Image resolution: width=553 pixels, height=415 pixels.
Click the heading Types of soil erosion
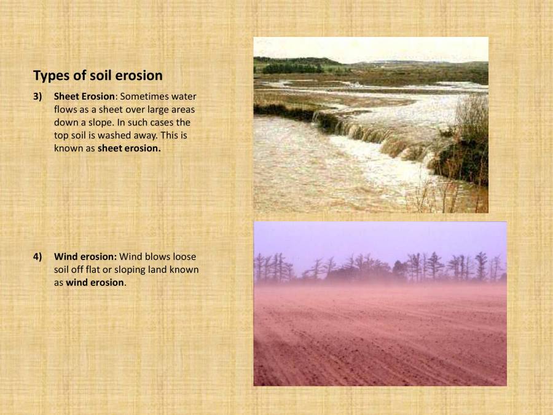tap(98, 76)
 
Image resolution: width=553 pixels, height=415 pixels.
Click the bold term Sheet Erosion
tap(84, 97)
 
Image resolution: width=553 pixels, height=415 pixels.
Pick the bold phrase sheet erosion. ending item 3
tap(129, 148)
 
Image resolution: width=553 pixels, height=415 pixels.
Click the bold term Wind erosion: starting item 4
tap(85, 256)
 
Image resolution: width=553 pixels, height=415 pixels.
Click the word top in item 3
tap(62, 135)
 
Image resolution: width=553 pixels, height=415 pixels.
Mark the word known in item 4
tap(184, 269)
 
